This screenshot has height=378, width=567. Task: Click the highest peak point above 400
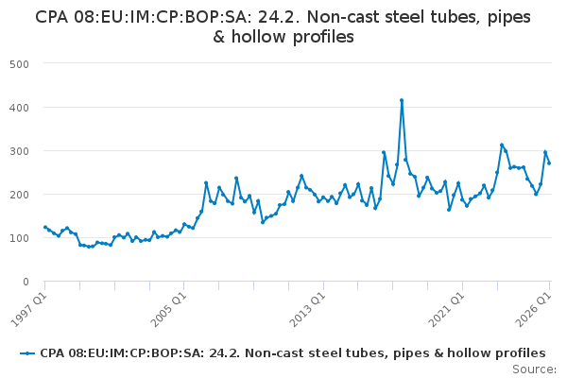click(402, 100)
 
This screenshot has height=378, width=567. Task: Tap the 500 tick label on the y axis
click(19, 64)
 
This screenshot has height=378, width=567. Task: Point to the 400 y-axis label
click(19, 108)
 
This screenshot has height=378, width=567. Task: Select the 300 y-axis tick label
click(19, 151)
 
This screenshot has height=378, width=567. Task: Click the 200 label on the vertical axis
click(19, 195)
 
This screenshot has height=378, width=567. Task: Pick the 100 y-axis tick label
click(19, 238)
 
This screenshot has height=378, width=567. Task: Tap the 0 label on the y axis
click(26, 282)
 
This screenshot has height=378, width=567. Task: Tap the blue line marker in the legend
click(27, 353)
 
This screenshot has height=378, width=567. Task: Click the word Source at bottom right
click(534, 369)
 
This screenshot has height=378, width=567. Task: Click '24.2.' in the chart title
click(281, 17)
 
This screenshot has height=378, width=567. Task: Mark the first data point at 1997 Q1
click(44, 227)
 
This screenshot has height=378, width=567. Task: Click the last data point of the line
click(549, 163)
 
